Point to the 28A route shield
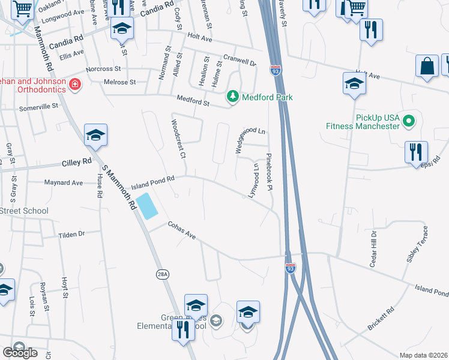(x=161, y=274)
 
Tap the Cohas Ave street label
(x=182, y=231)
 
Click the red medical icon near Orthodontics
(x=74, y=84)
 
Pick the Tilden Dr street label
(x=71, y=235)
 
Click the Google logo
(x=20, y=353)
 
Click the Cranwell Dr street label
(x=239, y=59)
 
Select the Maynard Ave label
(x=62, y=182)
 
